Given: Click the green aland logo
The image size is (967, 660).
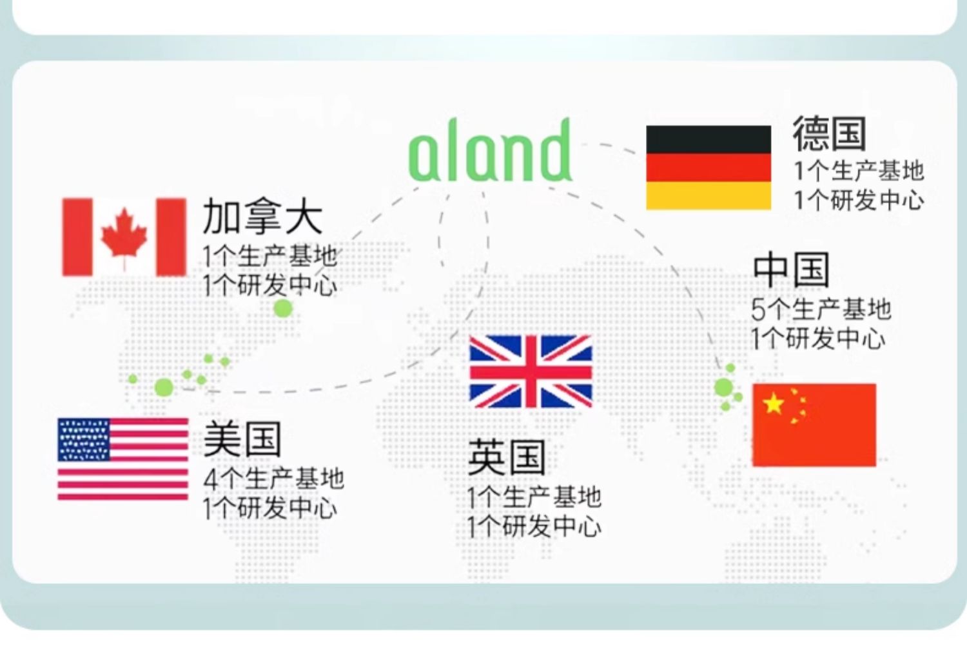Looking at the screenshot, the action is (x=491, y=150).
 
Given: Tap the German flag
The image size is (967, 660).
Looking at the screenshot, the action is (x=708, y=168).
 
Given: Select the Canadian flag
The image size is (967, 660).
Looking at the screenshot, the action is (x=124, y=237).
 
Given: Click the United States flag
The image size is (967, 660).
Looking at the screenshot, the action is (x=123, y=459).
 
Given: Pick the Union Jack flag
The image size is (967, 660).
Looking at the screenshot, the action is (x=531, y=372).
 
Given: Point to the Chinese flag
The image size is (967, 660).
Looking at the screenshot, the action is (x=814, y=425).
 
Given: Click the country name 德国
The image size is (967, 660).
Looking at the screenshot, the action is (x=829, y=134).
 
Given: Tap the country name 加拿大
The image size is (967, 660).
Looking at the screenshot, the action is (x=262, y=216).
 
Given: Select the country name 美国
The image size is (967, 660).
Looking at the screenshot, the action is (x=242, y=439).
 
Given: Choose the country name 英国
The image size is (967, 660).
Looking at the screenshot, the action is (x=507, y=457).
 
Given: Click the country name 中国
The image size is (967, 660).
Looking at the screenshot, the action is (x=791, y=270).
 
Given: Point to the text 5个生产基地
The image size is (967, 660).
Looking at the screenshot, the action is (x=821, y=309).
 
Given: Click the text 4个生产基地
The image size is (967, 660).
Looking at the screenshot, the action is (x=274, y=479).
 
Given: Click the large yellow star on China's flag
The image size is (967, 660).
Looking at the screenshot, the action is (x=773, y=404).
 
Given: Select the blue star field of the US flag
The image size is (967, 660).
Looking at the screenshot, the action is (x=84, y=439).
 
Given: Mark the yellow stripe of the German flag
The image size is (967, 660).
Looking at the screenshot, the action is (x=708, y=195).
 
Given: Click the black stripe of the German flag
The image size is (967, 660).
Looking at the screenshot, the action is (x=708, y=139).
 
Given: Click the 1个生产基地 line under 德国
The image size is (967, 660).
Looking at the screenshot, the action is (x=859, y=171).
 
